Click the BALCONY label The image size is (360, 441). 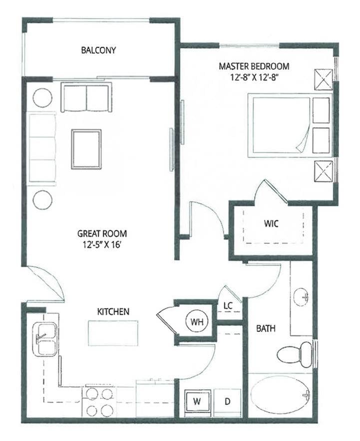[98, 50]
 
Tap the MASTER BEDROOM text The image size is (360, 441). [254, 66]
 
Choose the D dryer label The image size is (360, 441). [226, 401]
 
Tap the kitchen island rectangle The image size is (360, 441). [113, 333]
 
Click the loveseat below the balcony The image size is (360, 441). [86, 97]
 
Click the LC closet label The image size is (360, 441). [227, 305]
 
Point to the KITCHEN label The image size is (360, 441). [113, 311]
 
